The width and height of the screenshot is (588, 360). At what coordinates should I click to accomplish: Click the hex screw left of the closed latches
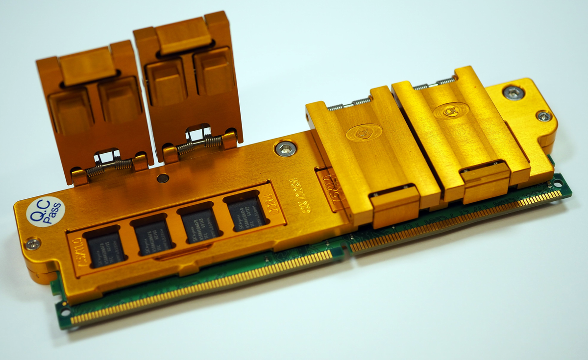(285, 148)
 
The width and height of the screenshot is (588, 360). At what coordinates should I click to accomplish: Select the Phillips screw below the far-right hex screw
(543, 116)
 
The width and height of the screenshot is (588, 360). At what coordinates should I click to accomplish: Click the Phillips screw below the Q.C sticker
(32, 243)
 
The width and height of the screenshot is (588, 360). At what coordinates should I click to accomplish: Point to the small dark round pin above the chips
(163, 178)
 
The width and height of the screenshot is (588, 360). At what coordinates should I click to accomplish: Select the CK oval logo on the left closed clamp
(363, 133)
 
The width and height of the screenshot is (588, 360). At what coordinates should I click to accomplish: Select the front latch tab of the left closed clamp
(394, 206)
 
